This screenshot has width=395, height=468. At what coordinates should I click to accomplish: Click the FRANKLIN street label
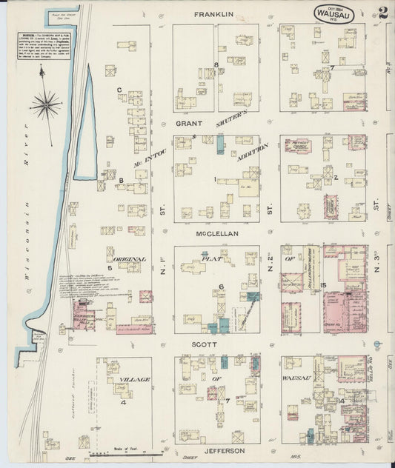214,14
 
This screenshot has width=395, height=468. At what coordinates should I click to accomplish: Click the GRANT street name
189,124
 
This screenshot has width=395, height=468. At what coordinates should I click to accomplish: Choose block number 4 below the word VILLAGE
125,403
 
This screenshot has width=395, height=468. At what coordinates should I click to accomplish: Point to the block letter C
119,90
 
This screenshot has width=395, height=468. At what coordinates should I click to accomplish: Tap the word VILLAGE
134,379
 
